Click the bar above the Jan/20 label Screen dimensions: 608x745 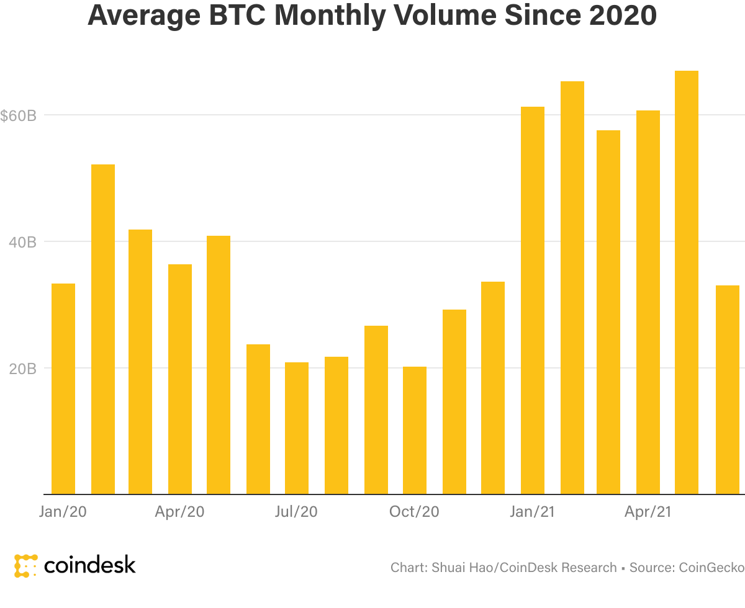tap(63, 388)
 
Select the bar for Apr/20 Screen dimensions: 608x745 tap(180, 378)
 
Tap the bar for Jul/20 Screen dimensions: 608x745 tap(297, 428)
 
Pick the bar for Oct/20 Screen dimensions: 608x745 tap(415, 430)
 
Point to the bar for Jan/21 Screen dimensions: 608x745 tap(533, 300)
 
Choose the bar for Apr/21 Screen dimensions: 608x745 tap(648, 302)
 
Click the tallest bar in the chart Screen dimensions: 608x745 tap(687, 282)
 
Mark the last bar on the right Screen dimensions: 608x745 tap(728, 390)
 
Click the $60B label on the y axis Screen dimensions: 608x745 tap(19, 115)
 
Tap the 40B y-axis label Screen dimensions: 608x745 tap(23, 242)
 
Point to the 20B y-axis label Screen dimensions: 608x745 tap(23, 369)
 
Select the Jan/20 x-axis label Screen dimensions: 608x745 tap(62, 512)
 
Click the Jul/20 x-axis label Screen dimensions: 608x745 tap(296, 512)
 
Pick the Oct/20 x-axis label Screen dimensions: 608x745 tap(414, 512)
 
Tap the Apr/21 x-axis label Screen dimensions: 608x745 tap(648, 512)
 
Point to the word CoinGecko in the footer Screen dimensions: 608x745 tap(711, 567)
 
